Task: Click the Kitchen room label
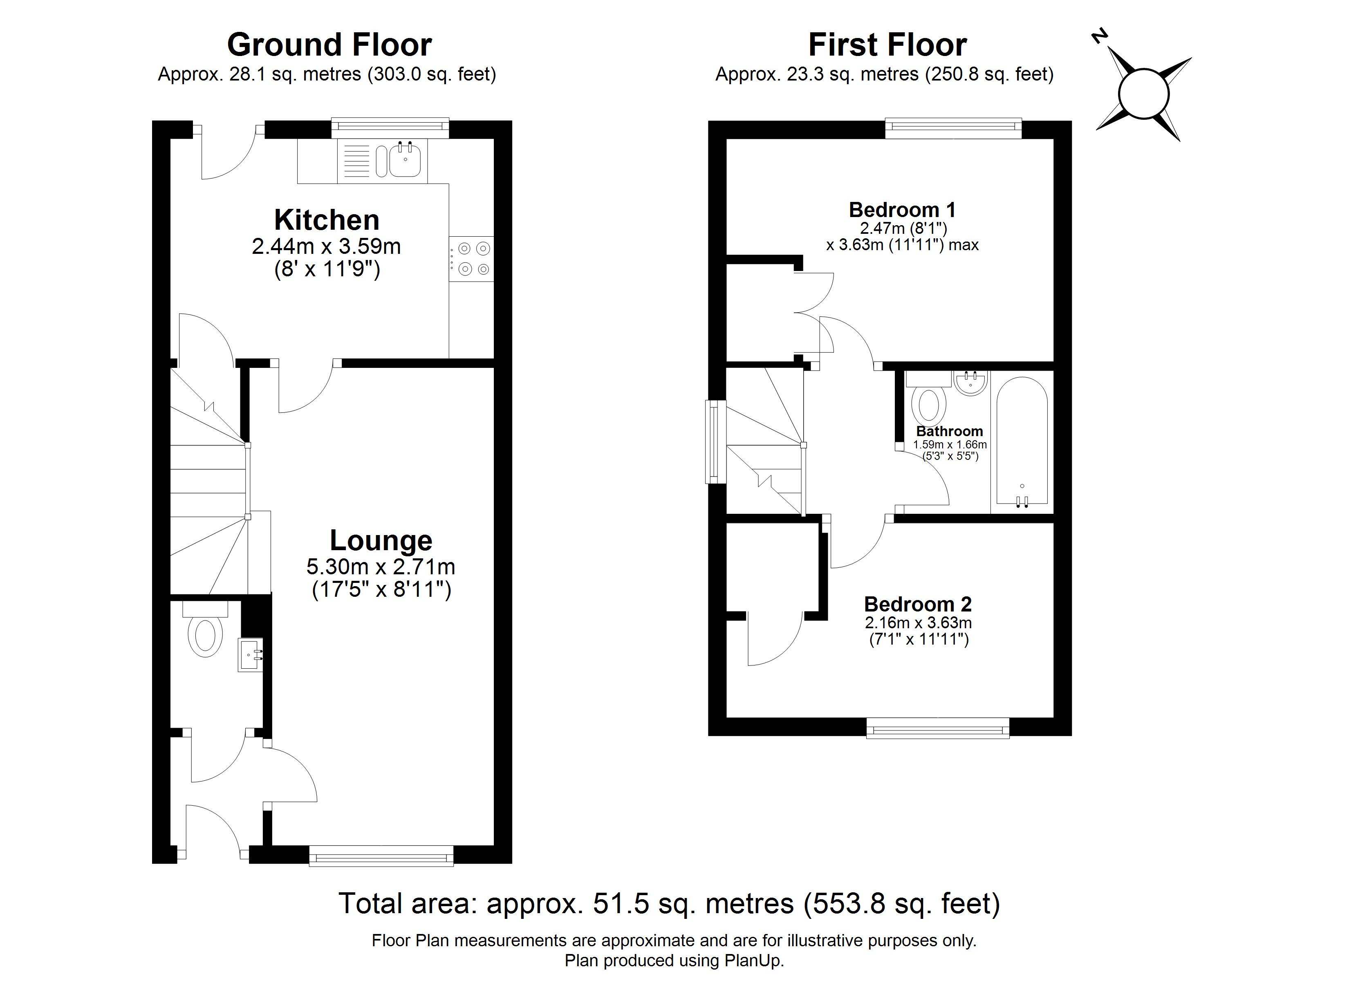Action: (x=327, y=220)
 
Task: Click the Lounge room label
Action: (x=381, y=540)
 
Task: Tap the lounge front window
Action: (x=381, y=857)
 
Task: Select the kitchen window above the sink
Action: (x=390, y=125)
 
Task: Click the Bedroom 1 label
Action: (x=902, y=210)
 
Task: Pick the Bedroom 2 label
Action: (x=917, y=605)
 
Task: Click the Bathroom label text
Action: (x=949, y=431)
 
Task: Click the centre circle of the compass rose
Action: (x=1143, y=94)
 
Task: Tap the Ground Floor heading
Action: (x=329, y=45)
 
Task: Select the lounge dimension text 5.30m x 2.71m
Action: (x=381, y=567)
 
